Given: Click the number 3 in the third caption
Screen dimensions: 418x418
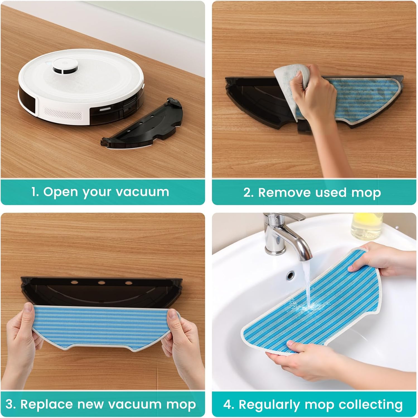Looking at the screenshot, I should [x=9, y=404].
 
